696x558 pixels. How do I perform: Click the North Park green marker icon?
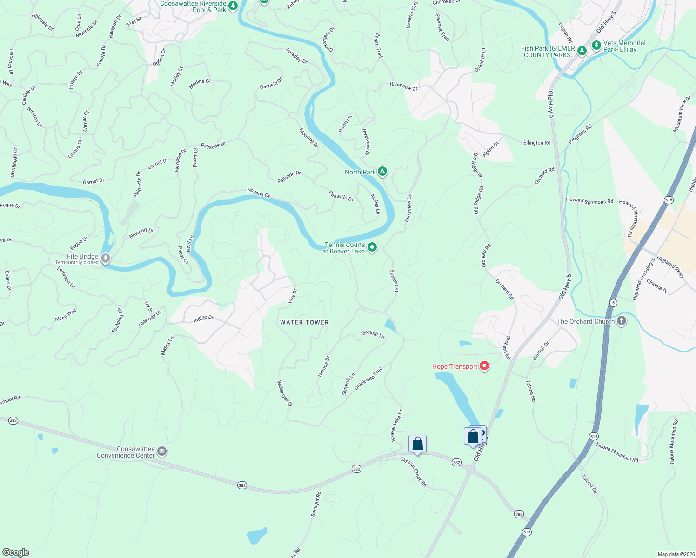click(x=382, y=172)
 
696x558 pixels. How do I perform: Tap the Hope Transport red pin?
click(x=484, y=366)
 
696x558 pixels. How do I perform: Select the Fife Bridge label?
click(x=82, y=257)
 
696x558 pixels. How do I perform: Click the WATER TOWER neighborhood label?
click(x=304, y=322)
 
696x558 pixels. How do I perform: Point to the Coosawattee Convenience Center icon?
click(x=162, y=451)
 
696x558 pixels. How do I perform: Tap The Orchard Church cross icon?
click(x=622, y=321)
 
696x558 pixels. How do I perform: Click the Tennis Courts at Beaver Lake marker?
click(x=372, y=247)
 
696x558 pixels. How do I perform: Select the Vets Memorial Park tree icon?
click(x=596, y=46)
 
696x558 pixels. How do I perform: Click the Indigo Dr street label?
click(x=203, y=319)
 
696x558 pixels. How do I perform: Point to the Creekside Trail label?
click(x=368, y=379)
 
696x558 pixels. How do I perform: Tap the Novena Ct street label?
click(x=258, y=193)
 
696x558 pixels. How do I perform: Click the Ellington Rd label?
click(x=536, y=143)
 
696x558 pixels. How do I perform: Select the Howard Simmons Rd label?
click(x=589, y=201)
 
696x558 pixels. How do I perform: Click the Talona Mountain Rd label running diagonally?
click(x=617, y=452)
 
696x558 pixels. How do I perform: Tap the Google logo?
click(x=16, y=552)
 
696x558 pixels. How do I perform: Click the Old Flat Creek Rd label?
click(x=414, y=472)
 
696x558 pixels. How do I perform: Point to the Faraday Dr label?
click(x=297, y=56)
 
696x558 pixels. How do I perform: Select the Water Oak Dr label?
click(x=284, y=393)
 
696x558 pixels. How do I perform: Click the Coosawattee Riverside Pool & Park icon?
click(x=233, y=6)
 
